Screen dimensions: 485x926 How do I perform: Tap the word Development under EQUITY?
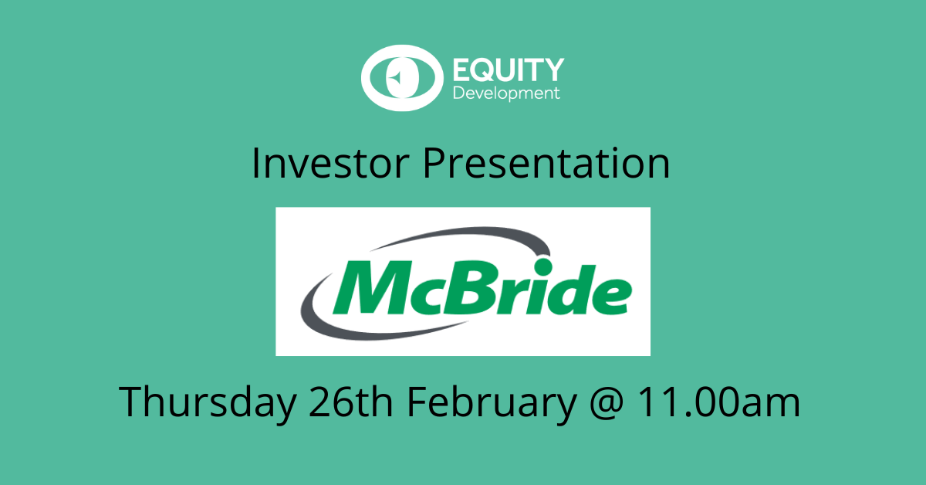[x=505, y=94]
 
